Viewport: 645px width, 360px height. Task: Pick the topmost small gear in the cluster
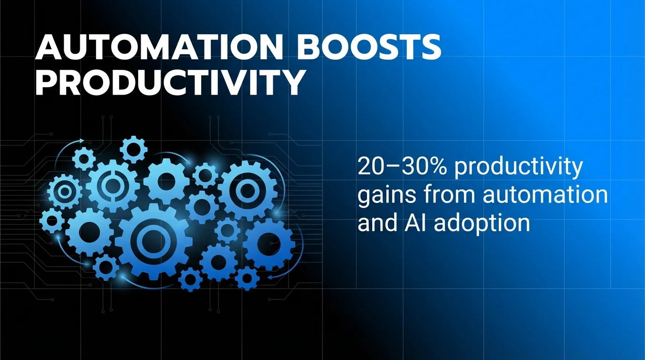[134, 150]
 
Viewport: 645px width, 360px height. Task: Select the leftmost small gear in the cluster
[52, 220]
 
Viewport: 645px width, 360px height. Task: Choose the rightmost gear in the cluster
[269, 244]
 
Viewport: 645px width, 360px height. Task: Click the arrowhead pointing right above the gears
[82, 140]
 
